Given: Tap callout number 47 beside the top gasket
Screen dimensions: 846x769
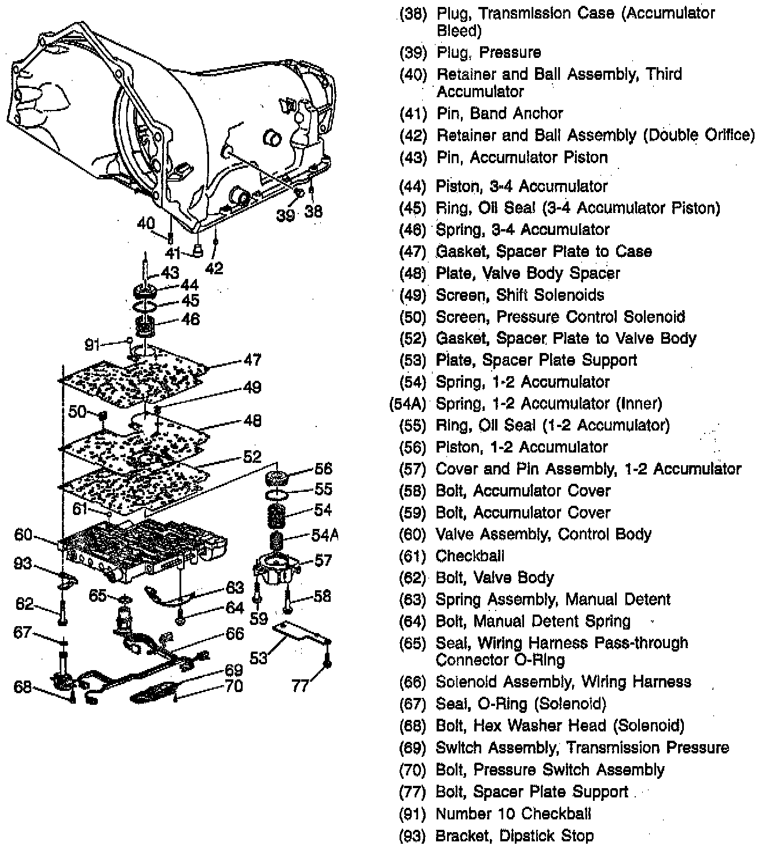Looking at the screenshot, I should click(252, 360).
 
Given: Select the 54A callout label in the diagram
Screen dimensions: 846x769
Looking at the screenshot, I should click(324, 535).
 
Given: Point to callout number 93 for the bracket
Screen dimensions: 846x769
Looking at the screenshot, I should click(23, 563).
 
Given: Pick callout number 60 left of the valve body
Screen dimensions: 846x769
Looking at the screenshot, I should click(23, 535).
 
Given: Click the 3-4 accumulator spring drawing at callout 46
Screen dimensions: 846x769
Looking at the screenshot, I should click(145, 326).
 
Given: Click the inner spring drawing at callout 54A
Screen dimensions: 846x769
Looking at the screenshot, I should click(277, 543).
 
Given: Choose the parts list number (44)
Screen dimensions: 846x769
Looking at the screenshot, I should click(413, 186).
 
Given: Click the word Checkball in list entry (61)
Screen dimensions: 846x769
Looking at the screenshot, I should click(470, 556).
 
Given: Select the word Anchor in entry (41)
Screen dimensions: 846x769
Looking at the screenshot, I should click(536, 113).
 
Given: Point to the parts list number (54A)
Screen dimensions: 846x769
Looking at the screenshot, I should click(408, 404).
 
